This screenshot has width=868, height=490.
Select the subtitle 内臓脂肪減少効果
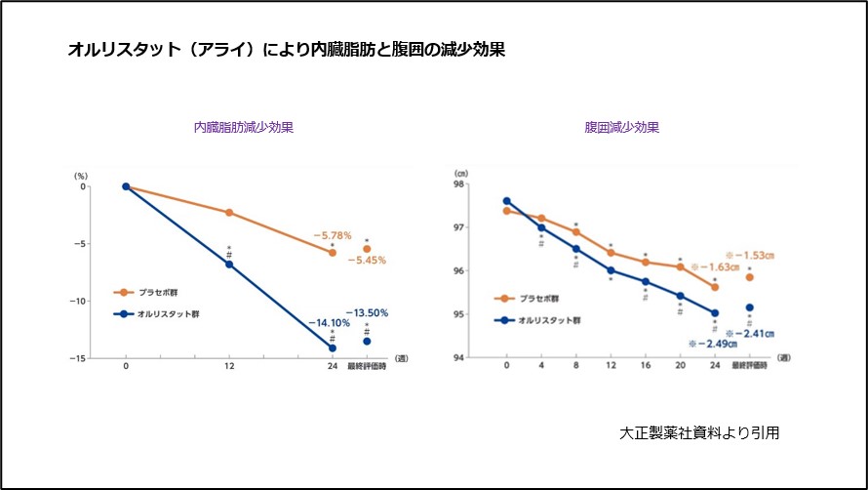tap(244, 127)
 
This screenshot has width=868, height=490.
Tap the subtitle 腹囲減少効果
tap(621, 127)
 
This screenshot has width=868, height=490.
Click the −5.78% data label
tap(332, 236)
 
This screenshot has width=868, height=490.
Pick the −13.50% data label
tap(367, 313)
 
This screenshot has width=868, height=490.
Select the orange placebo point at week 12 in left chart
tap(229, 212)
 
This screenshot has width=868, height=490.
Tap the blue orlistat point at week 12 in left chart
tap(229, 265)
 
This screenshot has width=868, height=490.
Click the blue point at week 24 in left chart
tap(333, 347)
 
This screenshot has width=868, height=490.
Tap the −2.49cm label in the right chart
tap(712, 344)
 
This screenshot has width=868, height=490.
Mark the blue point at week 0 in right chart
tap(507, 201)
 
